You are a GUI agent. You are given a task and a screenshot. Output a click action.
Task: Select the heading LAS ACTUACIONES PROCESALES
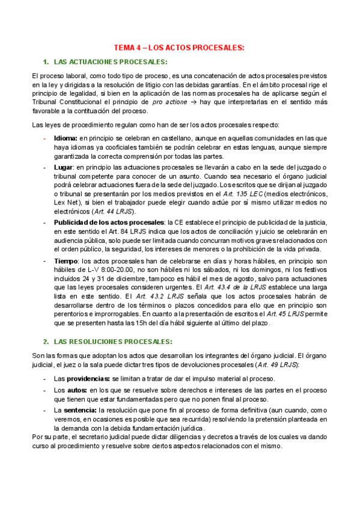coord(111,63)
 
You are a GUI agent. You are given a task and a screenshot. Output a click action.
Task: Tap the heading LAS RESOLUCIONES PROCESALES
coord(112,342)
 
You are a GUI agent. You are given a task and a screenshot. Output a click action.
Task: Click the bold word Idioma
coord(66,139)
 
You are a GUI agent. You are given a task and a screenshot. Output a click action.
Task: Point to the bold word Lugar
coord(64,166)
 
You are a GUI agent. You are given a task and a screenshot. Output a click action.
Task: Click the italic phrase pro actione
coord(169,103)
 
